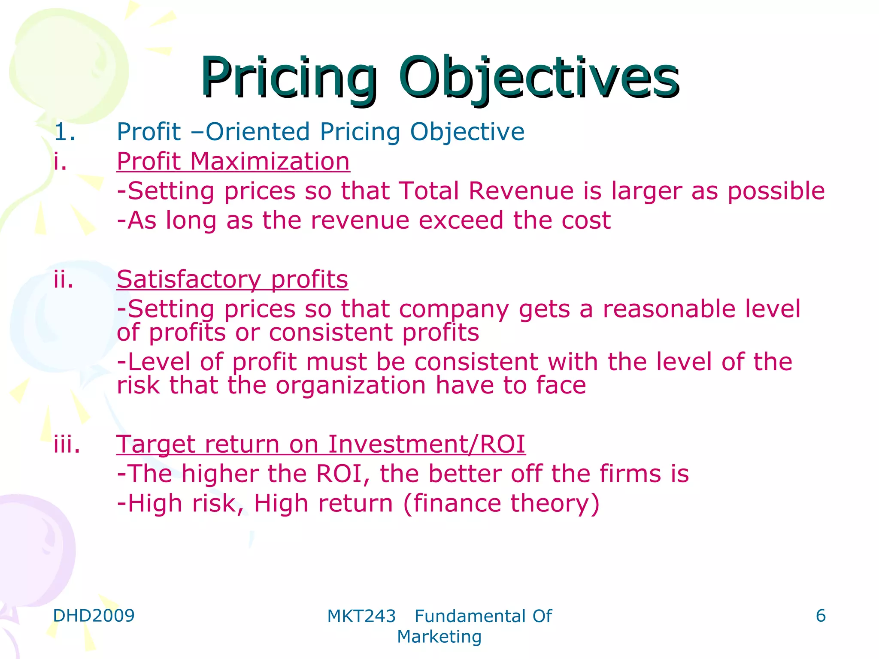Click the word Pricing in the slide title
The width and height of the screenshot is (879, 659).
[x=288, y=79]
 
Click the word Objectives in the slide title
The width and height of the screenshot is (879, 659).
[x=539, y=79]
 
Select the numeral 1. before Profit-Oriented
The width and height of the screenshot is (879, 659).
[x=65, y=132]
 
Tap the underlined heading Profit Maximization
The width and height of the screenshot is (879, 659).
[x=233, y=162]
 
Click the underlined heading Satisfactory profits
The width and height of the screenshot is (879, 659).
[x=232, y=280]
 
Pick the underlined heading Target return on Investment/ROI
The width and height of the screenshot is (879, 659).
[x=321, y=444]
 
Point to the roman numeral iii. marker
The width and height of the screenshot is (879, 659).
[x=67, y=444]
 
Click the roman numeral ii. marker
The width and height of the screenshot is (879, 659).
[x=64, y=280]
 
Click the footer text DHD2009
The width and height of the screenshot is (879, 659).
[x=94, y=616]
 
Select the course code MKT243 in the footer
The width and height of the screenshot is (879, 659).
[x=361, y=617]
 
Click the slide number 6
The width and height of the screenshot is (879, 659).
[x=820, y=616]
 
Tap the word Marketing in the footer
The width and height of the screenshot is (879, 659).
[x=439, y=637]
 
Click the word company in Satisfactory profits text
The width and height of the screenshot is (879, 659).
[x=454, y=310]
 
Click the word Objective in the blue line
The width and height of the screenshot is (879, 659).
[x=467, y=132]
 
